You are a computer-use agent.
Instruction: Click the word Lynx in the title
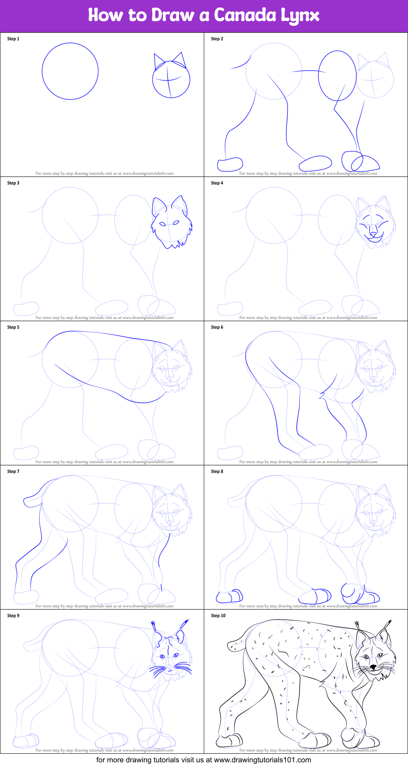tap(300, 16)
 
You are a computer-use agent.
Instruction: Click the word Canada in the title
tap(245, 16)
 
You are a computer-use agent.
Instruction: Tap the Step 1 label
tap(13, 39)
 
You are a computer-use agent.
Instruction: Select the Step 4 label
tap(217, 183)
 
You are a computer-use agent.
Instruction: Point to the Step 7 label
tap(13, 471)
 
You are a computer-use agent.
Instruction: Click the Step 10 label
tap(218, 616)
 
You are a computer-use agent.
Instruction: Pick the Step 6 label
tap(217, 327)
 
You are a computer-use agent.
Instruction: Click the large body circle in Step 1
tap(70, 71)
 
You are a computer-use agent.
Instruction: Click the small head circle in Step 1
tap(171, 79)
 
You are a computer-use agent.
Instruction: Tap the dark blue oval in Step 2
tap(337, 76)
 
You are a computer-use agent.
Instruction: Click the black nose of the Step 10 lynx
tap(373, 668)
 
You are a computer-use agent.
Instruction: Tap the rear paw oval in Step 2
tap(230, 165)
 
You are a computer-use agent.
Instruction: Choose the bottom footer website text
tap(203, 760)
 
